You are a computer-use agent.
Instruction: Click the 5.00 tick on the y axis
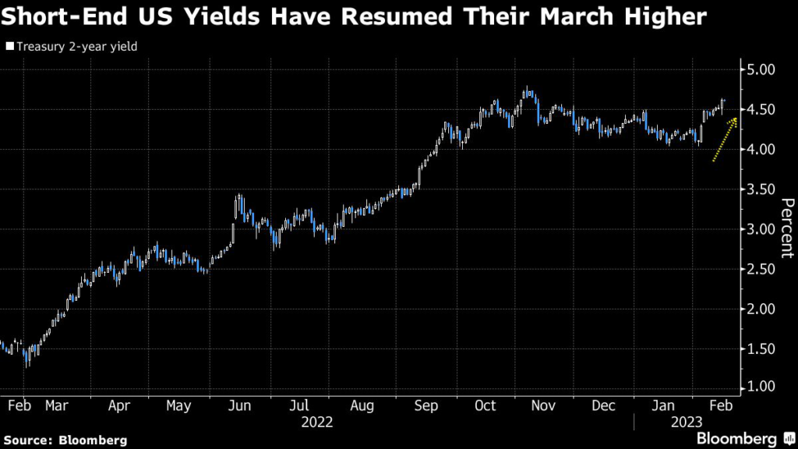(x=761, y=69)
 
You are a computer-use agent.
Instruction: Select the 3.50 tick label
(x=761, y=189)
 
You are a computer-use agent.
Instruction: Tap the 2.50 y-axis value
(x=761, y=269)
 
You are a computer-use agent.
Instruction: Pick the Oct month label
(x=486, y=405)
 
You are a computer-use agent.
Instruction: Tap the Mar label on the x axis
(x=57, y=405)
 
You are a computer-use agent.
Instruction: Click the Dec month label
(x=604, y=405)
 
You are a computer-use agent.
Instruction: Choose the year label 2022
(x=316, y=422)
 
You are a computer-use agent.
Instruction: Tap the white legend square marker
(x=9, y=47)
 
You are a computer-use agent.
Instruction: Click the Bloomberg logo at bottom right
(x=736, y=438)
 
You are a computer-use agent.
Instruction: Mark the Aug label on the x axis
(x=362, y=405)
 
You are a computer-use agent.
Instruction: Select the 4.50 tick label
(x=761, y=109)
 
